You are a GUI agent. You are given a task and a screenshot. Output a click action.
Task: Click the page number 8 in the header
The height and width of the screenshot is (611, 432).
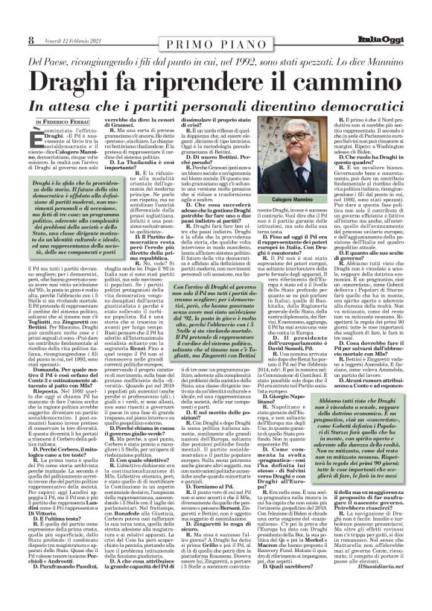coord(31,39)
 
